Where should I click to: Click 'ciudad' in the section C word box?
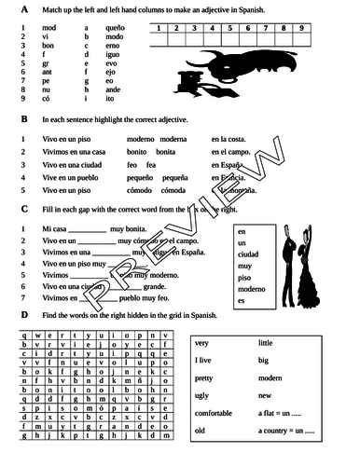click(249, 254)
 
